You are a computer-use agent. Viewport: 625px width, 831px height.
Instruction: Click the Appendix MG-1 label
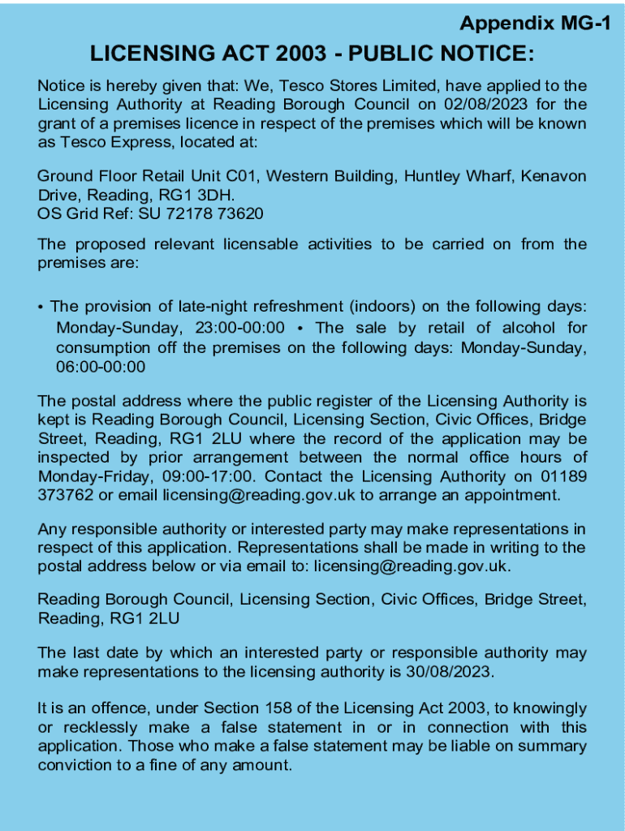click(x=535, y=24)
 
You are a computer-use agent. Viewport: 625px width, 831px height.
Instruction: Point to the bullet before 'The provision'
click(x=41, y=308)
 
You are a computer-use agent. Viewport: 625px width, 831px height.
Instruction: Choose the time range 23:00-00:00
click(x=240, y=328)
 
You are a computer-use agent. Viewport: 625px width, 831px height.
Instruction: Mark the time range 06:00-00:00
click(x=101, y=367)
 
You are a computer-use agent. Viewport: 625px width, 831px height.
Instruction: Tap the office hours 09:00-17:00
click(x=211, y=476)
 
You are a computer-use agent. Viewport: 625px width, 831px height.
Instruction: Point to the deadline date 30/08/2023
click(x=452, y=672)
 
